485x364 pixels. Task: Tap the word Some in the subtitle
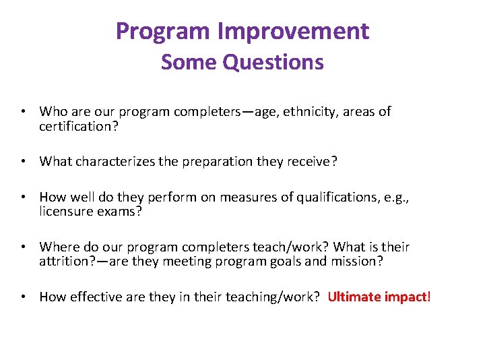189,63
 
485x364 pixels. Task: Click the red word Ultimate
356,297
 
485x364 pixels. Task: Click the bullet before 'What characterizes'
23,161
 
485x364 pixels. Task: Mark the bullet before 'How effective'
23,297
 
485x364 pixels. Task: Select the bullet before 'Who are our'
23,112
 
